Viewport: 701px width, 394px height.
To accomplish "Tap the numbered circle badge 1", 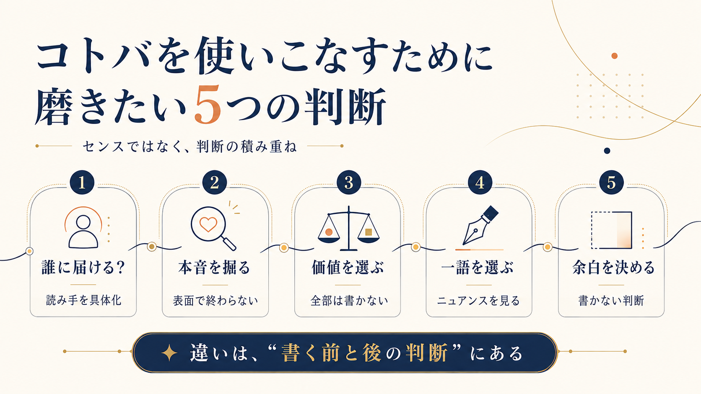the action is click(82, 183).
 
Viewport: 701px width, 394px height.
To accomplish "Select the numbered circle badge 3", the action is click(349, 183).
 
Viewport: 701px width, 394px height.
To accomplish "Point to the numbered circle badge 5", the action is click(611, 183).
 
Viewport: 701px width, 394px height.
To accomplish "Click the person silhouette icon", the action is click(83, 232).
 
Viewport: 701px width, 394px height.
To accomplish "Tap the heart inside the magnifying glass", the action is click(208, 224).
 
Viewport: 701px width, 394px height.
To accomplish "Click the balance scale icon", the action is click(349, 228).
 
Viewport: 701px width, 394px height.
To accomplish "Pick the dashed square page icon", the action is click(611, 230).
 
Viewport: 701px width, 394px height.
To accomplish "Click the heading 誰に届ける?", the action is click(83, 268).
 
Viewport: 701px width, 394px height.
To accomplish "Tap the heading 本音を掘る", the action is click(215, 268).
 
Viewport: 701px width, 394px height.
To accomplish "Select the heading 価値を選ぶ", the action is click(348, 268).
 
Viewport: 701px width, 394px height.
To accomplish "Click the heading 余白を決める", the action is click(614, 268).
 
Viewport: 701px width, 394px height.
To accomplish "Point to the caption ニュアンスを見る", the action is click(478, 301).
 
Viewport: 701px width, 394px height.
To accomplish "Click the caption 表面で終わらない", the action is click(215, 301).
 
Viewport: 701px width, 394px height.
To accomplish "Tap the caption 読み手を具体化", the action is click(83, 300).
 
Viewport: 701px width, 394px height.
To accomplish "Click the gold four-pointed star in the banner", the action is click(169, 353).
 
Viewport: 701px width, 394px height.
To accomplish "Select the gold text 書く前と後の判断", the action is click(364, 353).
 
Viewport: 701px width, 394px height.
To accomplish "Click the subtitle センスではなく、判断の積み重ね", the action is click(190, 147).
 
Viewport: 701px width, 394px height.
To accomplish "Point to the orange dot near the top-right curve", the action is click(614, 56).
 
